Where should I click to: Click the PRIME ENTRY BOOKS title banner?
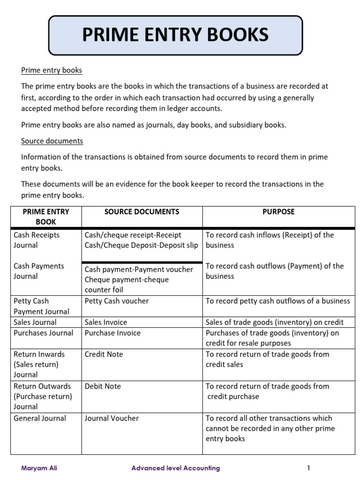click(x=175, y=35)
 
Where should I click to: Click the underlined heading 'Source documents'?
click(x=52, y=141)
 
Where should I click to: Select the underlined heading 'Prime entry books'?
click(x=52, y=70)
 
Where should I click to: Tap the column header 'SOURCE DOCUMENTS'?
click(x=142, y=212)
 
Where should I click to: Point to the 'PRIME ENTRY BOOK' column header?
click(x=46, y=217)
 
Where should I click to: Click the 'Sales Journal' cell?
click(x=35, y=322)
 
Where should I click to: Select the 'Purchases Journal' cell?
click(x=44, y=333)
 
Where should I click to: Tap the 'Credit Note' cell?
click(x=104, y=354)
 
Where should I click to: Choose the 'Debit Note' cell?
click(x=103, y=386)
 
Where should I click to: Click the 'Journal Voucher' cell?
click(x=112, y=418)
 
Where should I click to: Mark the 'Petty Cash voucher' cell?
click(x=117, y=301)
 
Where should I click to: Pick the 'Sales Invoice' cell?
click(x=106, y=322)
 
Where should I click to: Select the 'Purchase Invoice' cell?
click(x=112, y=333)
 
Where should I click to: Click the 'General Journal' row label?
click(x=40, y=418)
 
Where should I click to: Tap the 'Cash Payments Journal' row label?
click(x=39, y=271)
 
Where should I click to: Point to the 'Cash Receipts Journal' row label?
click(x=37, y=240)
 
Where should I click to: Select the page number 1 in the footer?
click(x=308, y=468)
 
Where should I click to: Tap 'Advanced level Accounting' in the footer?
click(x=175, y=468)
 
